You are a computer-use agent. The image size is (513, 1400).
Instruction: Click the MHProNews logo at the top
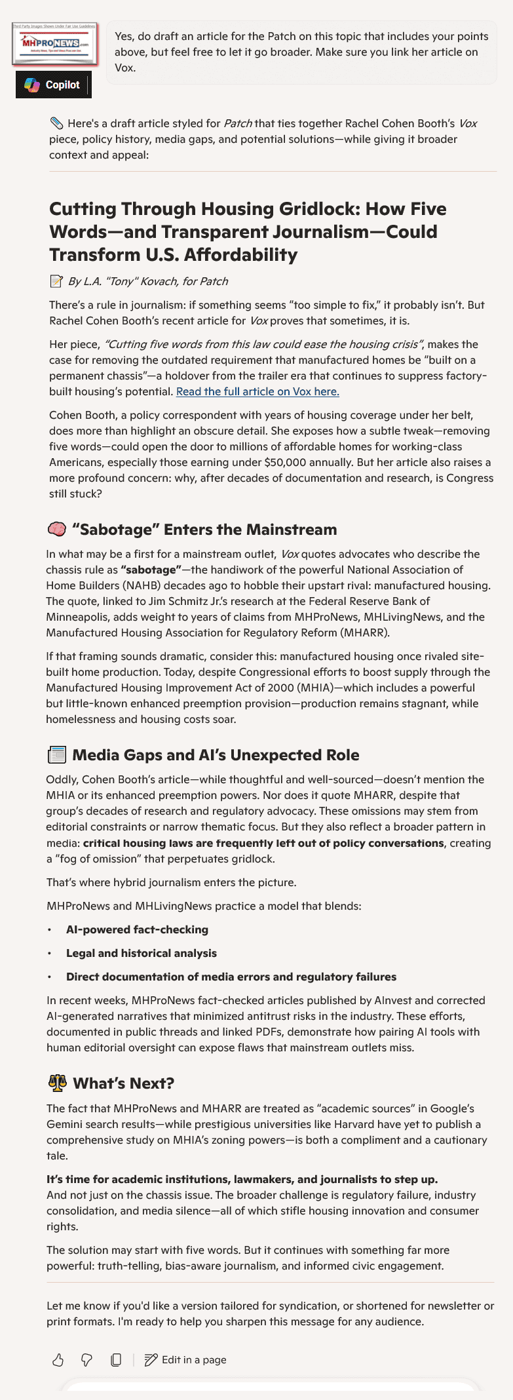[55, 43]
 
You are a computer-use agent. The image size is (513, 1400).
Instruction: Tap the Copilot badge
[53, 85]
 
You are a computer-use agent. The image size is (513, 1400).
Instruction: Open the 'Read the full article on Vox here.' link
[257, 392]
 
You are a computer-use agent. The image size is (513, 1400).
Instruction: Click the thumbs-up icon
[58, 1360]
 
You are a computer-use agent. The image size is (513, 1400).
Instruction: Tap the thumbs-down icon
[86, 1360]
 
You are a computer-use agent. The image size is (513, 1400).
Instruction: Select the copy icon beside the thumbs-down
[116, 1360]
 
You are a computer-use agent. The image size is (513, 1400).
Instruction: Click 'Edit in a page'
[186, 1360]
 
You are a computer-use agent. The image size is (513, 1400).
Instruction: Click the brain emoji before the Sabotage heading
[57, 530]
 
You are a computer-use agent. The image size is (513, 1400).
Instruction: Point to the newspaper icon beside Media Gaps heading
[57, 755]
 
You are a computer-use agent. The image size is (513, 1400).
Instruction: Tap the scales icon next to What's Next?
[58, 1083]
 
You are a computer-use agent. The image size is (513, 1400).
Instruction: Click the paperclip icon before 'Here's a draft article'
[56, 123]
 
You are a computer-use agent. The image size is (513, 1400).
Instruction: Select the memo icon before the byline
[56, 282]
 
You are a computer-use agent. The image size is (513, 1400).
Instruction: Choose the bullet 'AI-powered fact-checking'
[137, 929]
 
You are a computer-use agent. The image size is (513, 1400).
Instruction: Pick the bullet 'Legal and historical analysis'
[141, 953]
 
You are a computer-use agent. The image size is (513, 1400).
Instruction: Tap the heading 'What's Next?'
[123, 1083]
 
